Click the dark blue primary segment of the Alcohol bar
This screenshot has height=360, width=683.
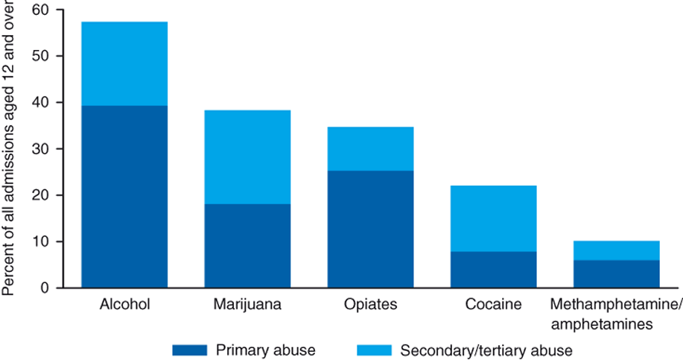(124, 196)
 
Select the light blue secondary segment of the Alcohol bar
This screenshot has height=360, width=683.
(124, 63)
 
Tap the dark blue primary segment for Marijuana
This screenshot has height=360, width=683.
(247, 245)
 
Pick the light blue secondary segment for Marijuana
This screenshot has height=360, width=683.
(247, 157)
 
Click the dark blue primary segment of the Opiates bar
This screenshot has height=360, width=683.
(370, 229)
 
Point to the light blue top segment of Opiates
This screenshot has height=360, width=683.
(370, 148)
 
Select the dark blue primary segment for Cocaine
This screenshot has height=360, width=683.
(493, 269)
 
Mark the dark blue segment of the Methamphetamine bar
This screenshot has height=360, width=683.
(616, 274)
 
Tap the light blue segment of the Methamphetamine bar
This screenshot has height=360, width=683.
(616, 250)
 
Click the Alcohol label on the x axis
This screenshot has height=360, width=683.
(124, 306)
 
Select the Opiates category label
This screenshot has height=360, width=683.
(370, 306)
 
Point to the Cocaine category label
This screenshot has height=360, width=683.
(493, 306)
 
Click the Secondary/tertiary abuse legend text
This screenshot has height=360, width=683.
(486, 350)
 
